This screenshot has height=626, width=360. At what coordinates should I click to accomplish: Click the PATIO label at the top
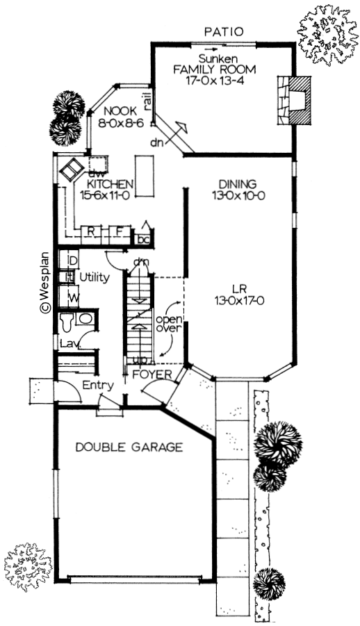pyautogui.click(x=223, y=32)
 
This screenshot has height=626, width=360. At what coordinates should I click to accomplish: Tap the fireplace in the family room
pyautogui.click(x=293, y=101)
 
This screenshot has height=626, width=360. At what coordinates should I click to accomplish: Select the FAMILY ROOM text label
pyautogui.click(x=214, y=69)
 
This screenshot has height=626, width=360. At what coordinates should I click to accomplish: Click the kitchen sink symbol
pyautogui.click(x=72, y=170)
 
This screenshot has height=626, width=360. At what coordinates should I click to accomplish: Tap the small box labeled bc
pyautogui.click(x=143, y=238)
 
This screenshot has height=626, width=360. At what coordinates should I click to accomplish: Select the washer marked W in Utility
pyautogui.click(x=69, y=297)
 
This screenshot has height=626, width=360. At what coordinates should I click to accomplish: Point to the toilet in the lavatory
pyautogui.click(x=66, y=322)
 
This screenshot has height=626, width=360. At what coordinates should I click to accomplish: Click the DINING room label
pyautogui.click(x=238, y=184)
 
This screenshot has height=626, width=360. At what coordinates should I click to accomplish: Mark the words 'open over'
pyautogui.click(x=169, y=324)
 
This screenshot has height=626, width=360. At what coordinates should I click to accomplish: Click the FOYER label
pyautogui.click(x=152, y=374)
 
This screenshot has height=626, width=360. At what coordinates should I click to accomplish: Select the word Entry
pyautogui.click(x=98, y=386)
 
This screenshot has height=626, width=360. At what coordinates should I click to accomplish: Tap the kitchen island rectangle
pyautogui.click(x=145, y=176)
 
